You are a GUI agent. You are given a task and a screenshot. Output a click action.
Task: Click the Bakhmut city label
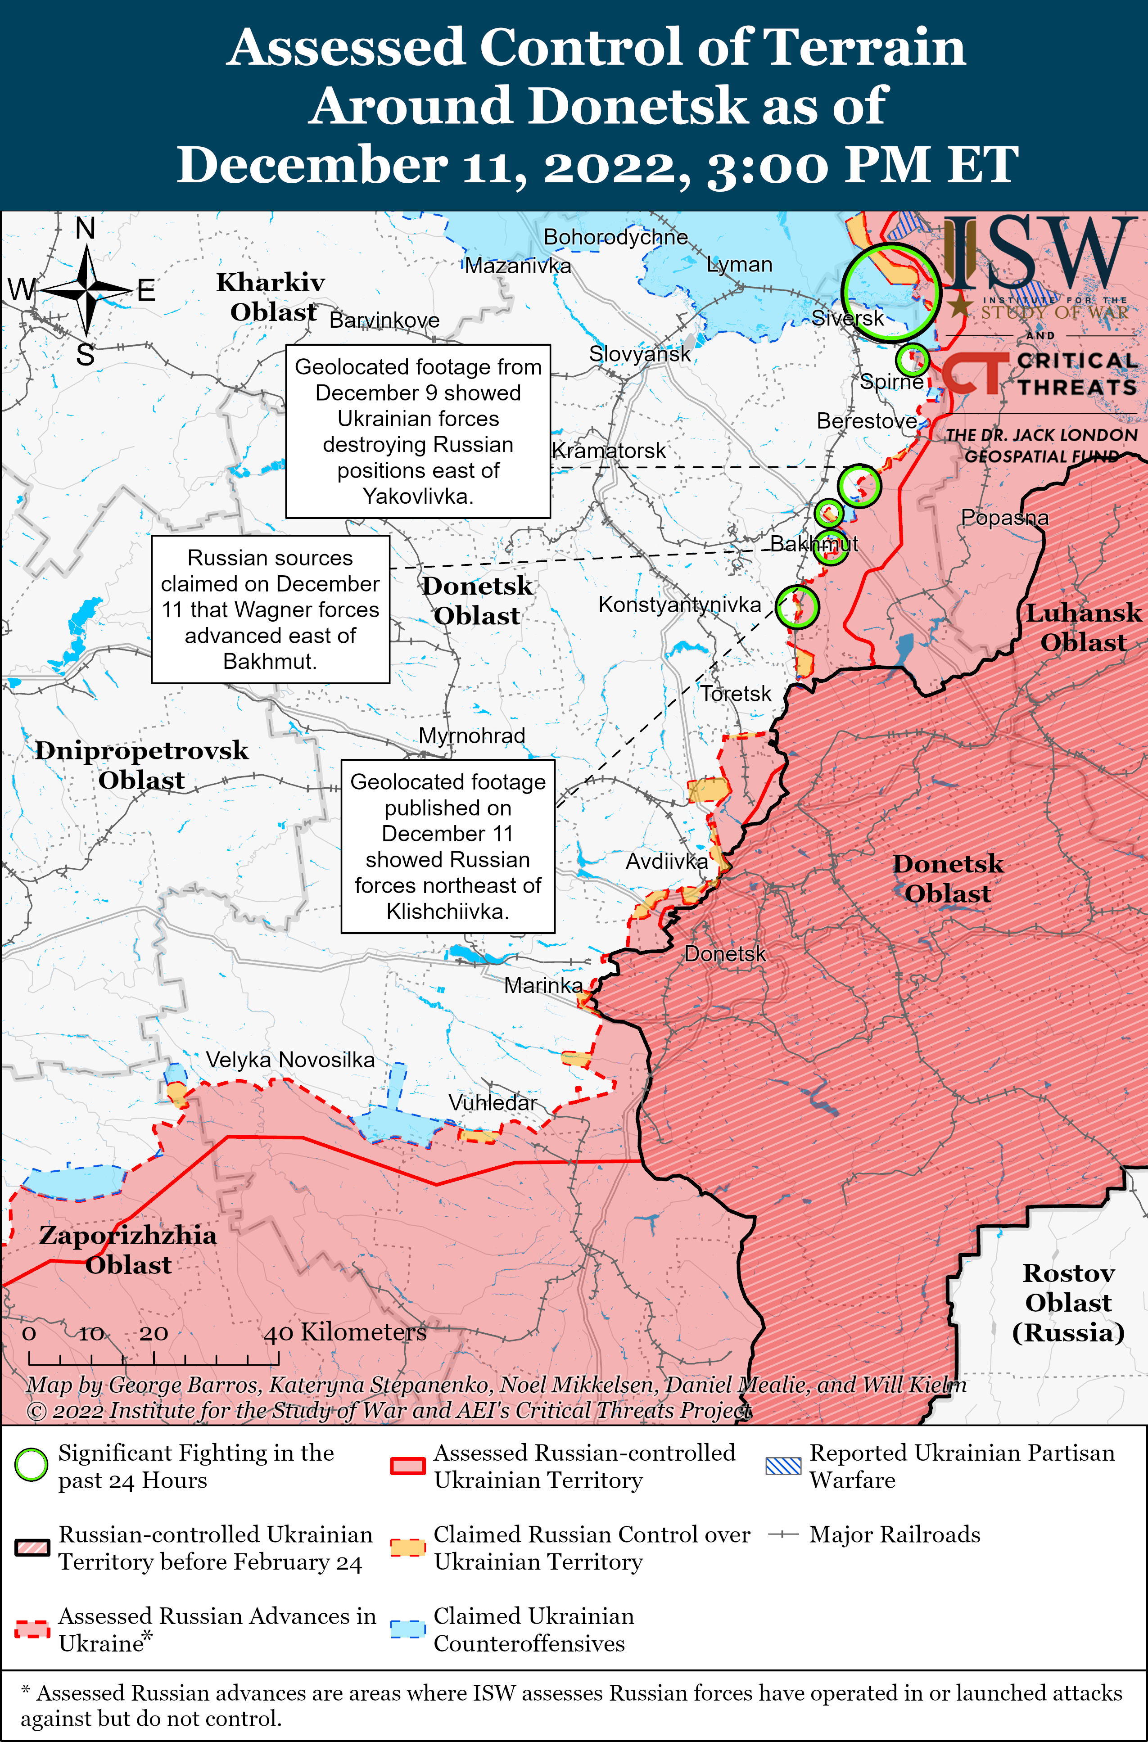coord(814,544)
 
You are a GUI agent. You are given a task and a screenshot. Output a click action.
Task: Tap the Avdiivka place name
coord(666,862)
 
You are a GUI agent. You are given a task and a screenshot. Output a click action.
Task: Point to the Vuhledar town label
coord(493,1102)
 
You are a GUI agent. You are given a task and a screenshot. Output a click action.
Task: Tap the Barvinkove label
coord(384,320)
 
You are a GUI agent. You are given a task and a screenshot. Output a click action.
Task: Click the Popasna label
coord(1004,518)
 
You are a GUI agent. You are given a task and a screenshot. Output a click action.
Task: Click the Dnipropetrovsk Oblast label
coord(142,765)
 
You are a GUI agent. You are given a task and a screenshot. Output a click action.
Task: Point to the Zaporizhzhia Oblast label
coord(128,1250)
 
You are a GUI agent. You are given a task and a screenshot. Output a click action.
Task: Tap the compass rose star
coord(86,291)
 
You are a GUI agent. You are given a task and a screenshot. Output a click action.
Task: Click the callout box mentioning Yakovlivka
coord(418,431)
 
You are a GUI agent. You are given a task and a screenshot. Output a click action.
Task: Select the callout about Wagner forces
coord(270,609)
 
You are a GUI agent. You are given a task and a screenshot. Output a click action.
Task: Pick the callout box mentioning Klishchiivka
coord(448,846)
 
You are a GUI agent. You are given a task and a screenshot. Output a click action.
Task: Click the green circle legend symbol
coord(32,1465)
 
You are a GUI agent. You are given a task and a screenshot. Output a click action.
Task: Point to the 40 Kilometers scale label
coord(345,1332)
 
